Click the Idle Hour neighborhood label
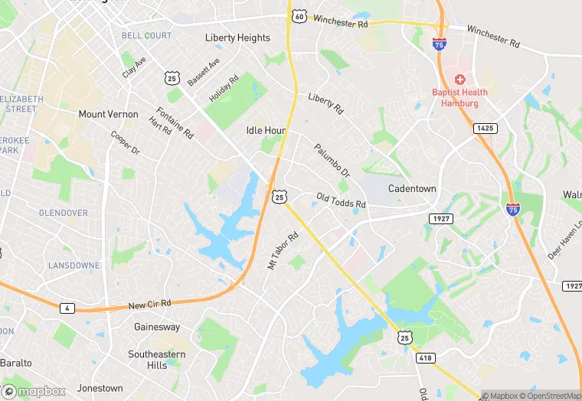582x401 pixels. point(266,131)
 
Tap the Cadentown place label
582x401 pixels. point(412,189)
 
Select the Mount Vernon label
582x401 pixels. point(109,115)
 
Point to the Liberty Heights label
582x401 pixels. point(237,37)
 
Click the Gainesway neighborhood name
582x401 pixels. point(157,328)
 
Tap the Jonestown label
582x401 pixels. point(100,388)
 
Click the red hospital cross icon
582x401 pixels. point(460,80)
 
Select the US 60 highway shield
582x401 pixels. point(299,15)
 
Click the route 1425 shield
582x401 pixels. point(485,128)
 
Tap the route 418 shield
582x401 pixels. point(427,358)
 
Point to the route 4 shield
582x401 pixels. point(68,308)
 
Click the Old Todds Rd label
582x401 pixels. point(341,200)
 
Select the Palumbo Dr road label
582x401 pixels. point(332,161)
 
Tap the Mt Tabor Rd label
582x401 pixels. point(282,251)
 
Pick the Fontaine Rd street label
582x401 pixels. point(175,122)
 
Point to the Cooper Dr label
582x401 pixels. point(125,143)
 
